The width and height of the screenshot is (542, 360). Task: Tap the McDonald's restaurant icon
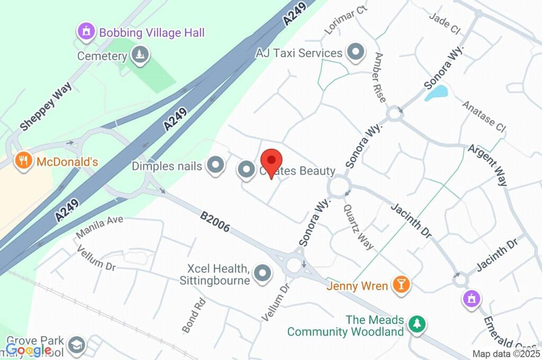tap(23, 160)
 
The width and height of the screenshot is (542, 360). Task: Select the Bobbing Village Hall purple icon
tap(85, 31)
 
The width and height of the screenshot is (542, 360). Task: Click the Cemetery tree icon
tap(140, 55)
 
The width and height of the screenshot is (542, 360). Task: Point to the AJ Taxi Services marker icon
tap(356, 52)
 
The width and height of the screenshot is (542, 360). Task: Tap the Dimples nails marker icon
tap(215, 166)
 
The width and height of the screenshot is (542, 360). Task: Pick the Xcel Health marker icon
tap(263, 273)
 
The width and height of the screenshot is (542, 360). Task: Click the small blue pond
tap(436, 93)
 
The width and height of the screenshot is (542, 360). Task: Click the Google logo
tap(29, 349)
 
